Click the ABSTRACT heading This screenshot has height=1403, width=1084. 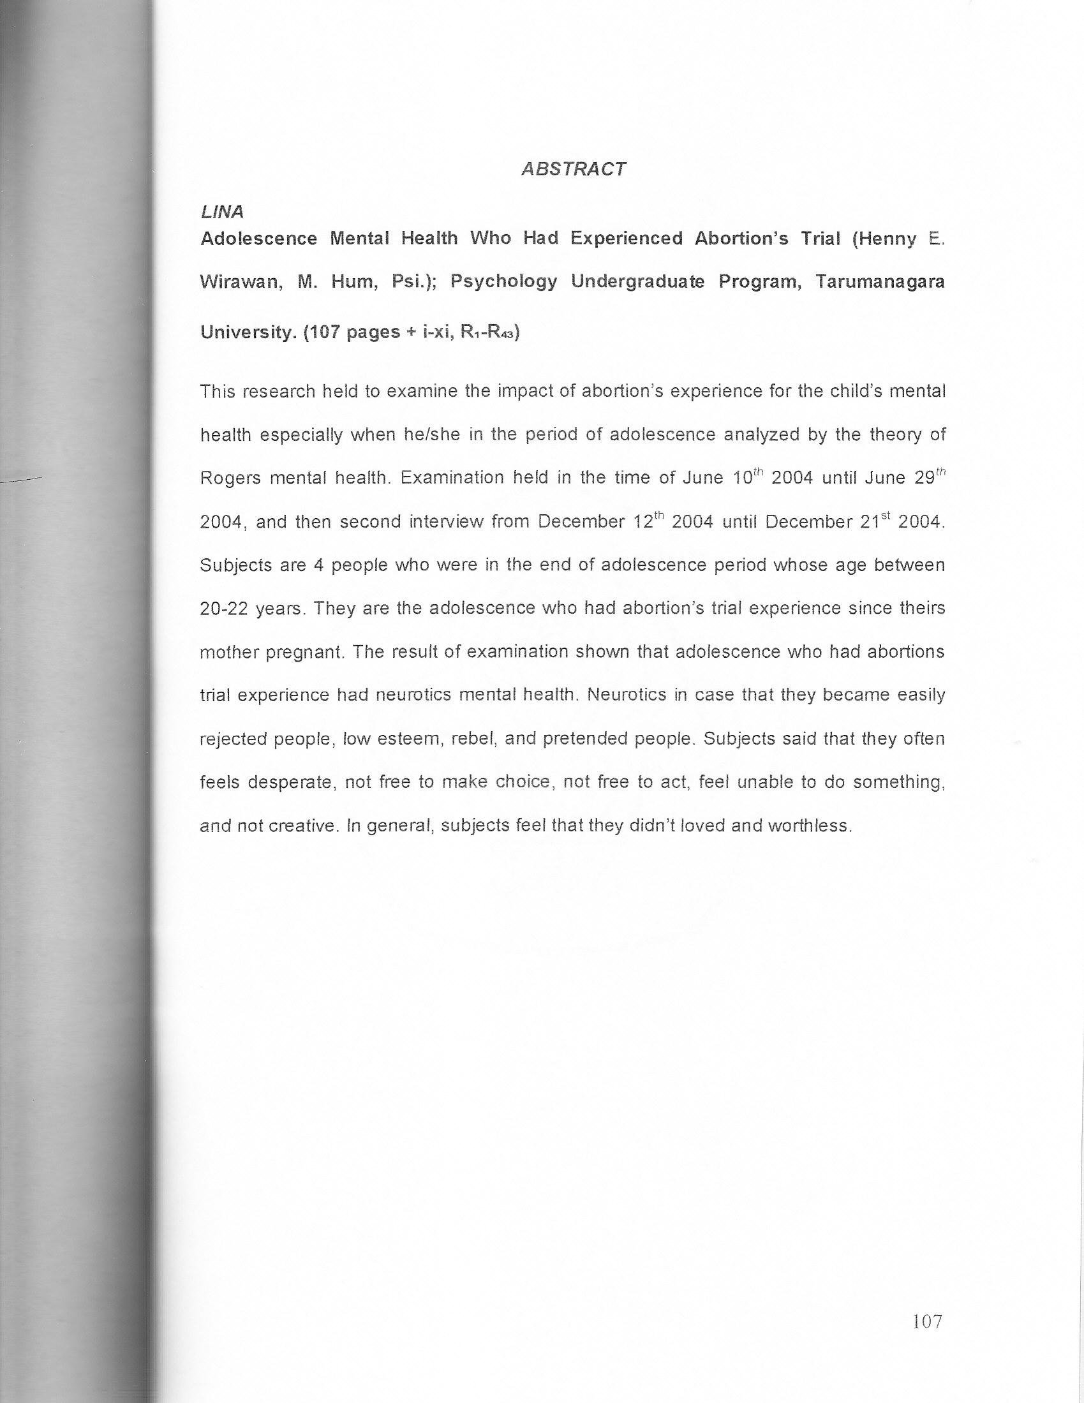pos(572,169)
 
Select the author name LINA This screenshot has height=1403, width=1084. pos(221,212)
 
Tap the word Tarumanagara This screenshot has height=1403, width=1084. pos(880,282)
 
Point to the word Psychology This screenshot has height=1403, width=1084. pos(504,282)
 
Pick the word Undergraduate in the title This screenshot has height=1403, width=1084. pos(637,282)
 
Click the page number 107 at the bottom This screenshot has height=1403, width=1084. pos(926,1321)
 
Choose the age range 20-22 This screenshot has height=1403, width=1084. pos(223,609)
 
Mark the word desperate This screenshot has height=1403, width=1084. pos(291,782)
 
